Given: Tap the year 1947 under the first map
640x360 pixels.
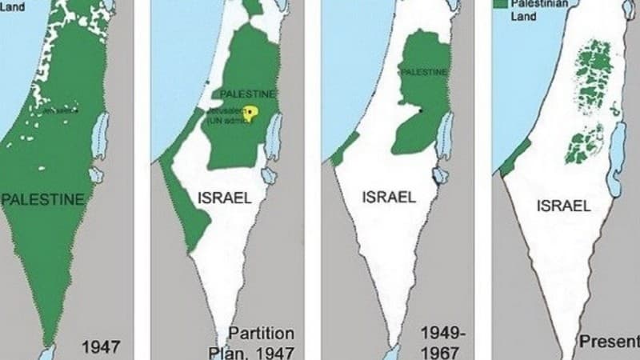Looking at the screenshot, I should click(101, 347).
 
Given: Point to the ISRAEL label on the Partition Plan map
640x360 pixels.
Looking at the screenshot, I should click(224, 197).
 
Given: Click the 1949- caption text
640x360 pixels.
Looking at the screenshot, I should click(439, 331).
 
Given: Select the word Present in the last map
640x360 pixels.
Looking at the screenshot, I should click(609, 342).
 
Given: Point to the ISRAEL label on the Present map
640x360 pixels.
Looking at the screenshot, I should click(563, 206).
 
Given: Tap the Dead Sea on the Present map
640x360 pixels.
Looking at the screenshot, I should click(614, 168).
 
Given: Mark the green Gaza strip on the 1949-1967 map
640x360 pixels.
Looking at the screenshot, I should click(345, 150).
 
